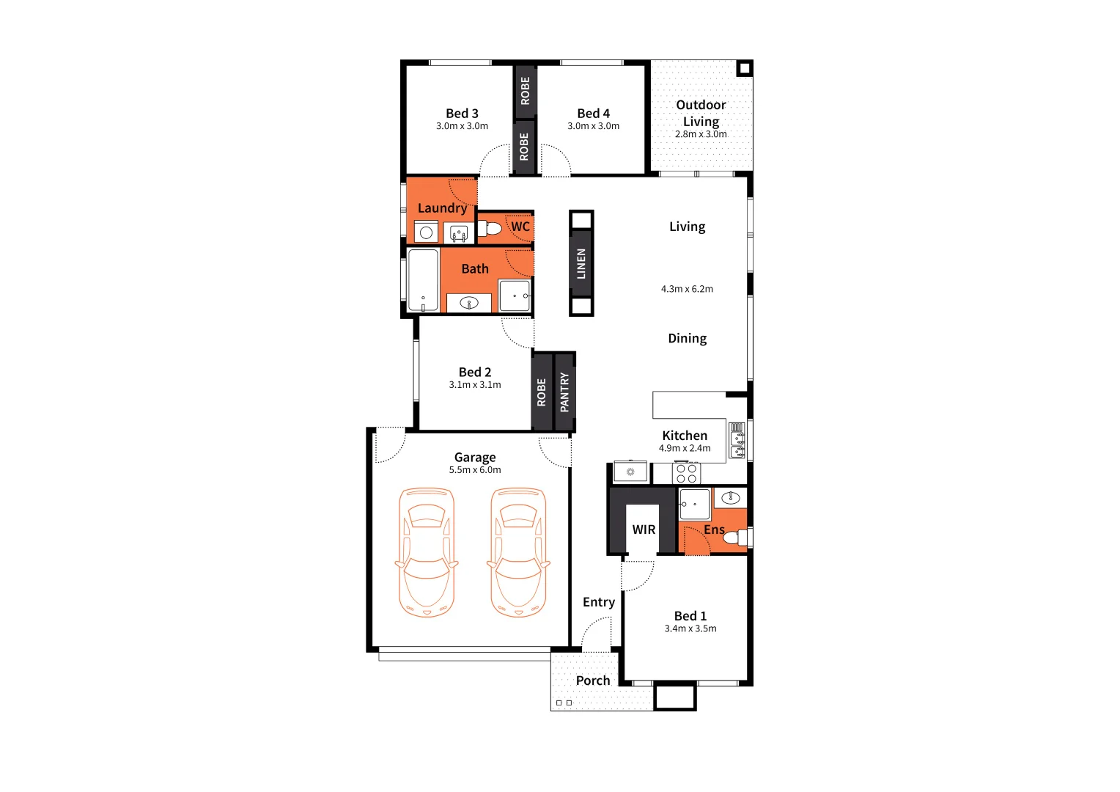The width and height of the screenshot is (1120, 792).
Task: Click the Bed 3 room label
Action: (x=462, y=114)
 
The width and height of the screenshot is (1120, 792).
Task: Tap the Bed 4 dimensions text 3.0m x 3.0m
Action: (x=593, y=126)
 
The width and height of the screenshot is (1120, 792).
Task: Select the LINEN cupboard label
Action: (x=581, y=263)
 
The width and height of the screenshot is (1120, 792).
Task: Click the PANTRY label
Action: (x=564, y=392)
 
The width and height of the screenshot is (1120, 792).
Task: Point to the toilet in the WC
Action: (x=490, y=228)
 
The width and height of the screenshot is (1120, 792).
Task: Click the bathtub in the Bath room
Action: (x=423, y=281)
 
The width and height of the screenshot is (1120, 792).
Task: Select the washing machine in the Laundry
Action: (x=426, y=232)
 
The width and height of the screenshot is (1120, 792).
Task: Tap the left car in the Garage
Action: (x=427, y=552)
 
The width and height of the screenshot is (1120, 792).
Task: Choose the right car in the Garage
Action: (x=518, y=552)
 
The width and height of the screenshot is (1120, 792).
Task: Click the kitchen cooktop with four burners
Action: (x=687, y=473)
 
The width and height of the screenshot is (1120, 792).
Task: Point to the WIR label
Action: (x=644, y=529)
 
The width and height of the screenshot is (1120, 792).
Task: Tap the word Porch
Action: (x=593, y=681)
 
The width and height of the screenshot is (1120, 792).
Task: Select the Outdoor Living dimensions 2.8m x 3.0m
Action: (x=701, y=134)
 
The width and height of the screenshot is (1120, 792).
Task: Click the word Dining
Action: (x=687, y=338)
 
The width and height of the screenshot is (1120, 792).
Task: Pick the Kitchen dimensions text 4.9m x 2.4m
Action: (x=685, y=448)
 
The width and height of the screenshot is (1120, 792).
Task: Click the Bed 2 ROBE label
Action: (x=542, y=392)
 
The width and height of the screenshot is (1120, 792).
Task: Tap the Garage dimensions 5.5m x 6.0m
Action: (x=475, y=470)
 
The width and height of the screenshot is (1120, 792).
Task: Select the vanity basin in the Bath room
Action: (x=468, y=303)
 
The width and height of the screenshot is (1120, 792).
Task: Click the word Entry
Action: (x=598, y=602)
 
